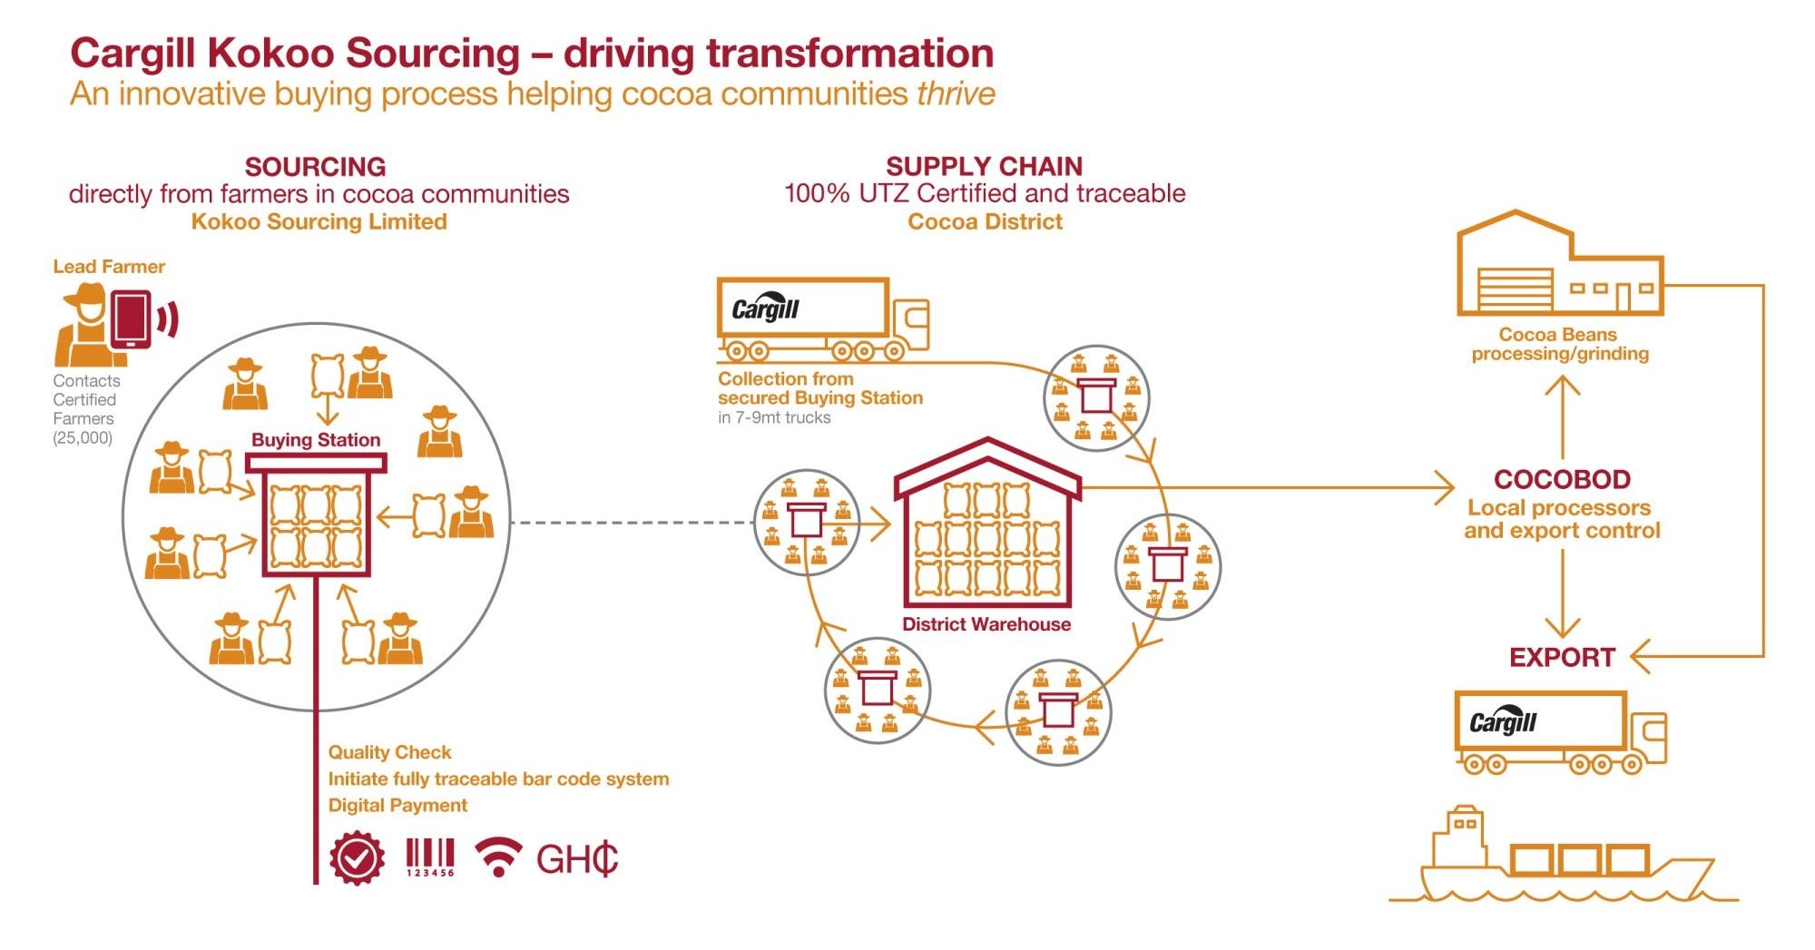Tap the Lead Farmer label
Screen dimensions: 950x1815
pos(109,267)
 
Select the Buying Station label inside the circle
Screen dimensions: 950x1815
pos(316,440)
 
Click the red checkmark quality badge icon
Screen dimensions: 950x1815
pos(357,857)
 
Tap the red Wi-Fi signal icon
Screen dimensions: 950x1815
pos(498,857)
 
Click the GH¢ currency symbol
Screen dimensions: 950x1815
pos(577,858)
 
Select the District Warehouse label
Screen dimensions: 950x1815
pos(986,624)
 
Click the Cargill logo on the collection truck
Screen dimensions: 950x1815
pos(765,309)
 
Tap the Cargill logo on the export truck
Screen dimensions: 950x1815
pos(1502,722)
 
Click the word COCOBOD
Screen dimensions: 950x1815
pos(1562,479)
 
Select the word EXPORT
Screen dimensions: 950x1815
pos(1562,657)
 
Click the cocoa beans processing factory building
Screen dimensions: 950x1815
pos(1559,268)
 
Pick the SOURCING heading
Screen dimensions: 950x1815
pos(315,167)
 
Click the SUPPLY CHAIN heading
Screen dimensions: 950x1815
pos(984,167)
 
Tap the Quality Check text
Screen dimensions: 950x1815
pos(389,752)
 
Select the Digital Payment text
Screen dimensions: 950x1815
pos(397,806)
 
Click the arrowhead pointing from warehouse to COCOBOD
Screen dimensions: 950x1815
pos(1444,488)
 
